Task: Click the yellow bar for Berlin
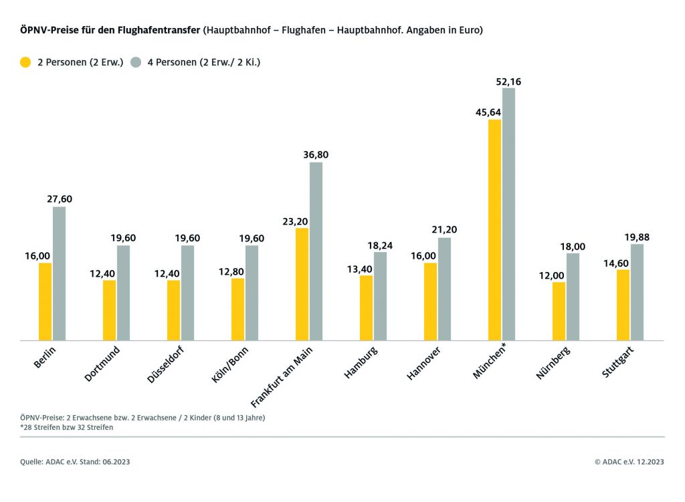tap(45, 301)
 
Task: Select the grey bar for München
tap(509, 214)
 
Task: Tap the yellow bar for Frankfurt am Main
tap(302, 284)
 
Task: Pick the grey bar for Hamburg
tap(380, 296)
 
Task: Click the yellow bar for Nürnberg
tap(559, 311)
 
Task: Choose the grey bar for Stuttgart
tap(637, 292)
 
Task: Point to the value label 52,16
tap(508, 82)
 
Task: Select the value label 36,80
tap(316, 155)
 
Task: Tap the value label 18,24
tap(380, 245)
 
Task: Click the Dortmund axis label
tap(103, 364)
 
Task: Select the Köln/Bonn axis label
tap(229, 365)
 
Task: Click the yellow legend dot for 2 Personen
tap(26, 62)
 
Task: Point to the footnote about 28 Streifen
tap(67, 428)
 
